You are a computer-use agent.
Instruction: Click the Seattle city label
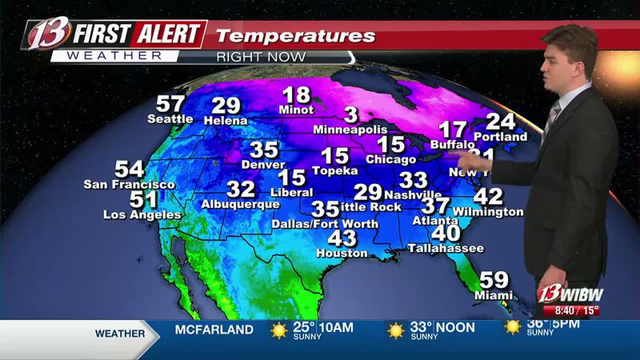[170, 119]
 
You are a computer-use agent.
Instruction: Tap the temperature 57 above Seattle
[170, 104]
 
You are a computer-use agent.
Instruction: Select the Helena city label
[226, 120]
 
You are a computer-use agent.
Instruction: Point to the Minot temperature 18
[296, 94]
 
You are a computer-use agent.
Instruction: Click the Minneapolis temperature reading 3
[350, 114]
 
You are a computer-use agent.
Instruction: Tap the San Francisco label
[130, 185]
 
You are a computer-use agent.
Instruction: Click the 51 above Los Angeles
[121, 200]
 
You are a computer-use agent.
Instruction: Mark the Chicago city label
[391, 159]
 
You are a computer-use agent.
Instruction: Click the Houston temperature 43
[342, 238]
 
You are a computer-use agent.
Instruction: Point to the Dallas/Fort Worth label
[324, 224]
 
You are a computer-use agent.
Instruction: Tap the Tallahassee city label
[446, 249]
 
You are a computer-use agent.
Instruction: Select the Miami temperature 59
[493, 281]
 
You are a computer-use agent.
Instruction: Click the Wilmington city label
[487, 212]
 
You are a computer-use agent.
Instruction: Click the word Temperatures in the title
[296, 36]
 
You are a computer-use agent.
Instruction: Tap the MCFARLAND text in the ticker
[214, 329]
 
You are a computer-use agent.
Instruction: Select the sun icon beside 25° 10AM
[278, 330]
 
